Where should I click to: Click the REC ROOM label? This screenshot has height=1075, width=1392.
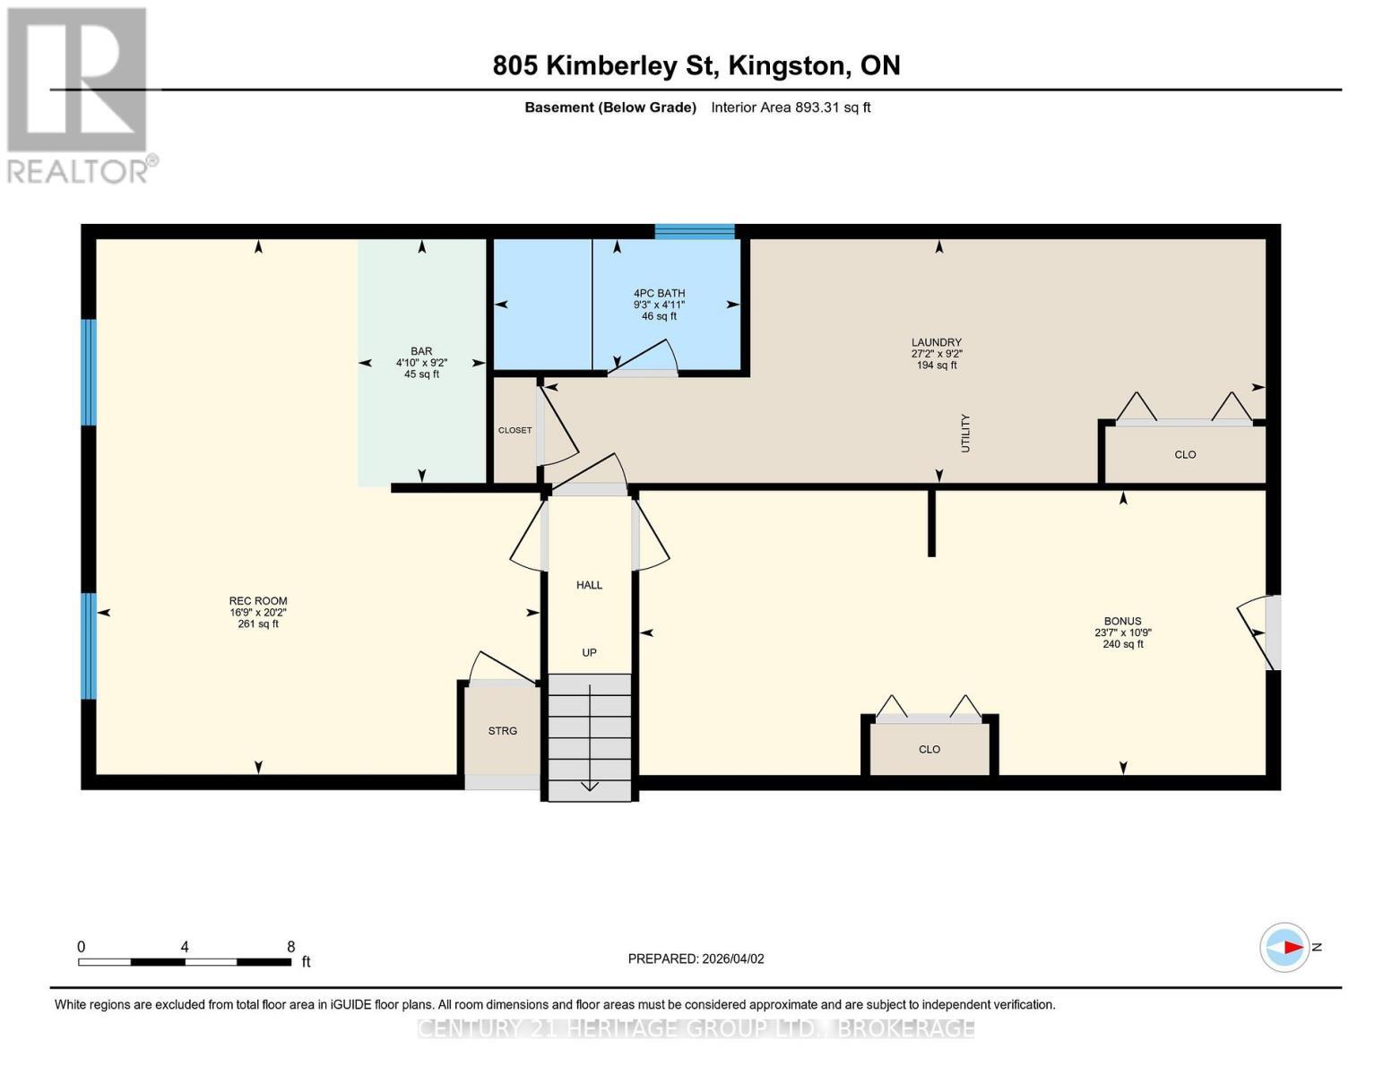258,602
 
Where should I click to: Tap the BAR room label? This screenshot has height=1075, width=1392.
421,352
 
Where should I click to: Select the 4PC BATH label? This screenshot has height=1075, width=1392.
659,294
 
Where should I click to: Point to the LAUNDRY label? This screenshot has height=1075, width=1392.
936,343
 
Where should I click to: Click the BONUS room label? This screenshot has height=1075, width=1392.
1122,622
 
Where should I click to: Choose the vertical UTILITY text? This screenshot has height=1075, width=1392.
965,433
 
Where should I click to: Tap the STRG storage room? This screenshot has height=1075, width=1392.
502,731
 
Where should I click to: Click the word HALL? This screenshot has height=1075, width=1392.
589,585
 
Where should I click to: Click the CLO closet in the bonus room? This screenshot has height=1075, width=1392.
929,749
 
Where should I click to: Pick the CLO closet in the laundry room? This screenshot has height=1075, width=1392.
1185,454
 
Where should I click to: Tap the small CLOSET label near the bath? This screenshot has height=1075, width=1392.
514,430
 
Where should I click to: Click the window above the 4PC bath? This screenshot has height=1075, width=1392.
695,232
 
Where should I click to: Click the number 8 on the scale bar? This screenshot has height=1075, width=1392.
290,946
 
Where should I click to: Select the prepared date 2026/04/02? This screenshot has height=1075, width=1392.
696,959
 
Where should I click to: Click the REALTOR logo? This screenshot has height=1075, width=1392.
79,94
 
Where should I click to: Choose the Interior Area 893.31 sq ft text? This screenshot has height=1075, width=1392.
791,107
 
